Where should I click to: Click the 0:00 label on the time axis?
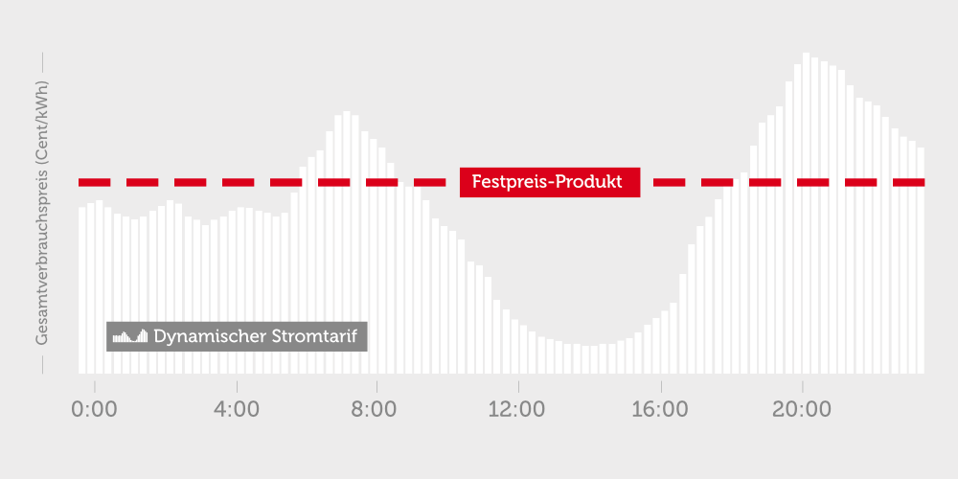(x=95, y=409)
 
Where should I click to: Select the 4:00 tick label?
(x=237, y=409)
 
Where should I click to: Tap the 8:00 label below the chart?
(x=376, y=409)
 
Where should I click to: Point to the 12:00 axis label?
(x=517, y=409)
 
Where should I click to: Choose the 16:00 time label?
(x=660, y=409)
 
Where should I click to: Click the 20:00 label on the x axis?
(x=802, y=409)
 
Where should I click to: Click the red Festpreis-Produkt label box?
(x=550, y=182)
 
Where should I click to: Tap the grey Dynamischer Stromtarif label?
(x=237, y=336)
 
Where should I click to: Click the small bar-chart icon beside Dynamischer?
(x=130, y=336)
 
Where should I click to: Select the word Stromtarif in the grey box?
(x=318, y=336)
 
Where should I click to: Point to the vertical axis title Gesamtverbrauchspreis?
(x=41, y=213)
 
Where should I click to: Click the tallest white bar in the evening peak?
(x=806, y=213)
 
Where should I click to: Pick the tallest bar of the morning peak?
(x=347, y=242)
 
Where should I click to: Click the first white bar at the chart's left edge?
(x=81, y=290)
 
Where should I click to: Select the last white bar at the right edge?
(x=921, y=261)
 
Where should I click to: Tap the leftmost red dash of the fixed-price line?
(x=94, y=182)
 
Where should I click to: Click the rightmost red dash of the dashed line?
(x=908, y=182)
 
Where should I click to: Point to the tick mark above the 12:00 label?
(x=518, y=387)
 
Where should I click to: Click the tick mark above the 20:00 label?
(x=802, y=387)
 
